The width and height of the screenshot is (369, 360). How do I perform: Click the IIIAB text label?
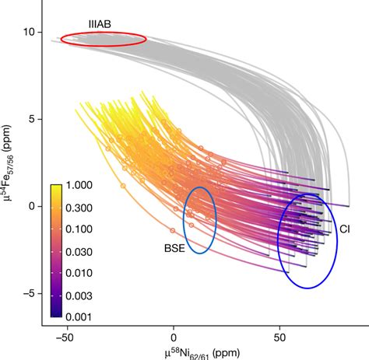point(99,25)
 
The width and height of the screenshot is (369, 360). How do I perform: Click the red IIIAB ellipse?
point(103,39)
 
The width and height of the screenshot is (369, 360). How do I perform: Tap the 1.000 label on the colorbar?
point(83,187)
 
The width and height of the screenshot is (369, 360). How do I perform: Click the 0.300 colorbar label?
point(83,209)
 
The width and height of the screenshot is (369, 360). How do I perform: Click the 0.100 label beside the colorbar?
point(83,231)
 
